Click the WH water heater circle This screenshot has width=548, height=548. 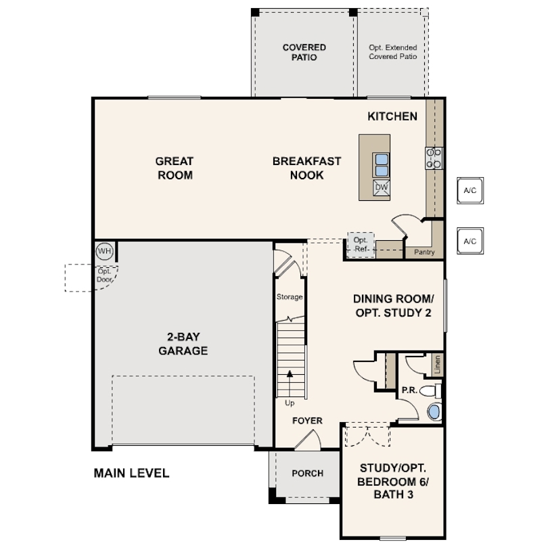pos(104,251)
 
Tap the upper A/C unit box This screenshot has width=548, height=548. pos(470,191)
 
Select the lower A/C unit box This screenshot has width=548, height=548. pos(470,241)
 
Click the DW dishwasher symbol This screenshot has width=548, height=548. pos(382,188)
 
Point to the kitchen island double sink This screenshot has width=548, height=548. pos(382,165)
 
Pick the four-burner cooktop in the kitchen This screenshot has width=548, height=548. pos(434,158)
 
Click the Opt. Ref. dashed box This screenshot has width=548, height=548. pos(361,245)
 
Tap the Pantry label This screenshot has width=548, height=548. pos(424,252)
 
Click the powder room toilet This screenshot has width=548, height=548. pos(430,390)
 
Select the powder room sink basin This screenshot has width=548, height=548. pos(434,412)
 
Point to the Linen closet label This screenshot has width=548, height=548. pos(437,365)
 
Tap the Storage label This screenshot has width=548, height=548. pos(290,297)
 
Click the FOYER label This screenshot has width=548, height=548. pos(308,420)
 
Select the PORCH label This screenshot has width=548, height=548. pos(308,473)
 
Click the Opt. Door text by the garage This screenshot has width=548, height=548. pos(104,275)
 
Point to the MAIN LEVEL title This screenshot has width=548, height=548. pos(131,473)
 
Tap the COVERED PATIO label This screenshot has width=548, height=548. pos(304,52)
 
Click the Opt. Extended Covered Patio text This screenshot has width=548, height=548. pos(393,52)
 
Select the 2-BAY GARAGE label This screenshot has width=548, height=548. pos(183,344)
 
